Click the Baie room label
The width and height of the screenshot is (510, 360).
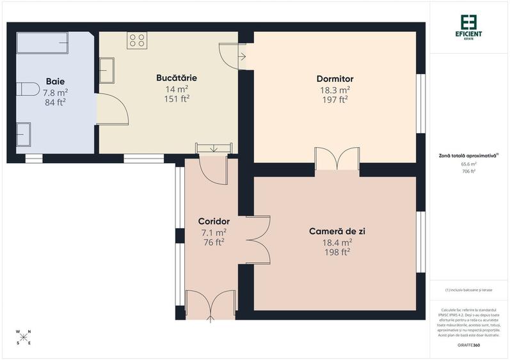pos(56,81)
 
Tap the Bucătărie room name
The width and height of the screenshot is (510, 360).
pos(177,78)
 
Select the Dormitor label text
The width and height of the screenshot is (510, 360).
pos(335,79)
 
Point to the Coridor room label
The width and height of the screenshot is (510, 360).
pos(214,221)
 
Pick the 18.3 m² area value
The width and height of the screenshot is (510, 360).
pos(335,90)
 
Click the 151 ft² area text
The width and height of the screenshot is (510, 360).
pos(177,98)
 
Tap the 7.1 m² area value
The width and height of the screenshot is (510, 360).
pos(214,232)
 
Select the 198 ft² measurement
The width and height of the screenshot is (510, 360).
pos(337,252)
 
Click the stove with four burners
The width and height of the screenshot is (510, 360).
pos(137,40)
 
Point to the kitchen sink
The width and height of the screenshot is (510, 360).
pos(107,70)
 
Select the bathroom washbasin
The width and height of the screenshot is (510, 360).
pos(26,134)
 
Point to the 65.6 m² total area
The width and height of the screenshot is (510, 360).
pos(470,164)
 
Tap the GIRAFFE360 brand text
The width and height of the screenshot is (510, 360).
pos(470,345)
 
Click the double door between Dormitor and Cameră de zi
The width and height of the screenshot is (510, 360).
pos(337,159)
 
